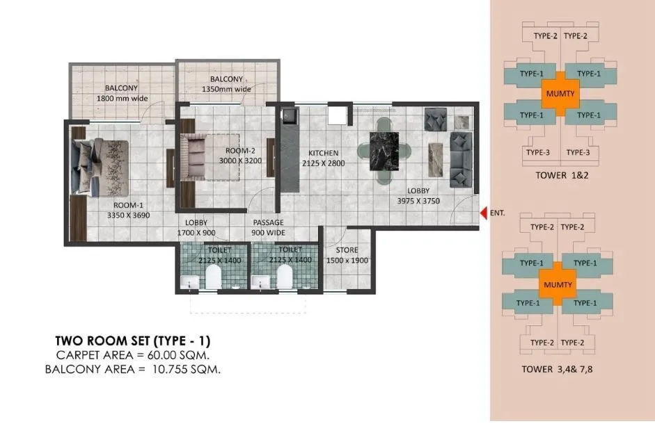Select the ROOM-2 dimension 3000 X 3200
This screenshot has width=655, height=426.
coord(239,160)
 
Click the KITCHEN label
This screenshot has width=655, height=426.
coord(324,154)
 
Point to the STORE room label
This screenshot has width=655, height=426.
coord(347,250)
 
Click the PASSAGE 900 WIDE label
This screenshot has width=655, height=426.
coord(268,227)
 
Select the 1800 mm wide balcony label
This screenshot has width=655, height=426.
coord(121,94)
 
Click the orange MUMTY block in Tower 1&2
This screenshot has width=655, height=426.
coord(559,93)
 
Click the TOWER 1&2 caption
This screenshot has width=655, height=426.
coord(560,176)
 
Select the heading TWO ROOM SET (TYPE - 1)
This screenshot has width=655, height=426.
coord(132,341)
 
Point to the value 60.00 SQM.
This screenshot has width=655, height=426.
coord(167,355)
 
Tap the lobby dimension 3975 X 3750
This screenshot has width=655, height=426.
coord(418,201)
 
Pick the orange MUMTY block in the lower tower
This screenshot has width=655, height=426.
coord(558,284)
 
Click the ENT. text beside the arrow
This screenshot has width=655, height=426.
coord(497,213)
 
